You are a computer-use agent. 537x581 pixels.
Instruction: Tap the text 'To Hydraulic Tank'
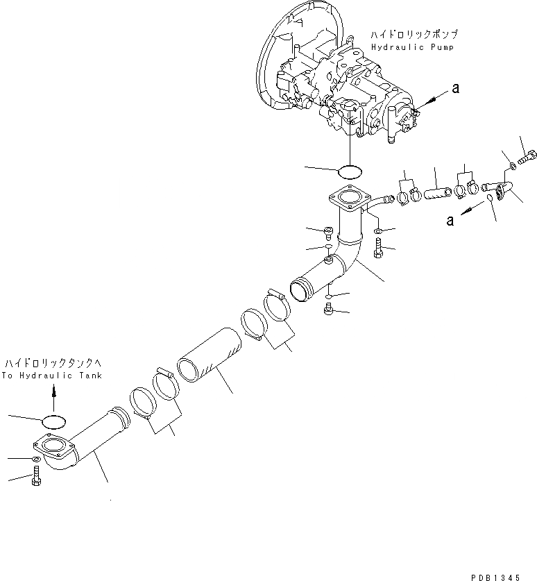[x=51, y=376]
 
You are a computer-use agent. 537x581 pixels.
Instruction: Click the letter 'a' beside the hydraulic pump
[x=455, y=88]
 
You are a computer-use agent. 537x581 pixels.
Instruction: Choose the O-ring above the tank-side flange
[x=55, y=421]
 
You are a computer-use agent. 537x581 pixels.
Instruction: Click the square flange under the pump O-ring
[x=347, y=200]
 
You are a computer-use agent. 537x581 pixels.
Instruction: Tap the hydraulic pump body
[x=340, y=90]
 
